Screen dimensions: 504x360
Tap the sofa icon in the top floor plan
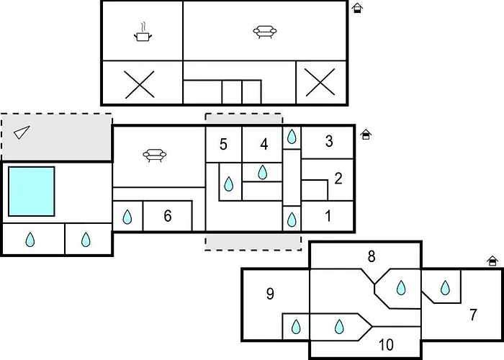click(264, 32)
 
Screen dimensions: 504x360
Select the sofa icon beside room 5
click(155, 156)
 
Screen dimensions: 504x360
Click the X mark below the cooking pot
click(140, 84)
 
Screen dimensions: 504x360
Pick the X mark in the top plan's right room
click(320, 82)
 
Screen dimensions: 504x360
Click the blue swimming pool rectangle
click(32, 192)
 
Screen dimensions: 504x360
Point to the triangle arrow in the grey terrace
click(22, 132)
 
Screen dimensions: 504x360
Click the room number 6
click(168, 216)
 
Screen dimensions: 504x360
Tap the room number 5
click(223, 144)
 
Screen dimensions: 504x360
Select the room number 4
click(264, 144)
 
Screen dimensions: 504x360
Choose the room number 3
click(329, 141)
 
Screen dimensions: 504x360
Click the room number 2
click(338, 179)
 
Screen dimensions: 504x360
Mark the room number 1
click(328, 216)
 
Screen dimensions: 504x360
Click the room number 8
click(372, 256)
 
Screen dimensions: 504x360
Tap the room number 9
click(270, 294)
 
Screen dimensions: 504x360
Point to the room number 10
click(386, 345)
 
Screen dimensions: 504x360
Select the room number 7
click(473, 315)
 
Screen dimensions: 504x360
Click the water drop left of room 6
click(127, 217)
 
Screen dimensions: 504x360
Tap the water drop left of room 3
click(292, 137)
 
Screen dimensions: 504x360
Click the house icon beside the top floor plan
click(357, 8)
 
